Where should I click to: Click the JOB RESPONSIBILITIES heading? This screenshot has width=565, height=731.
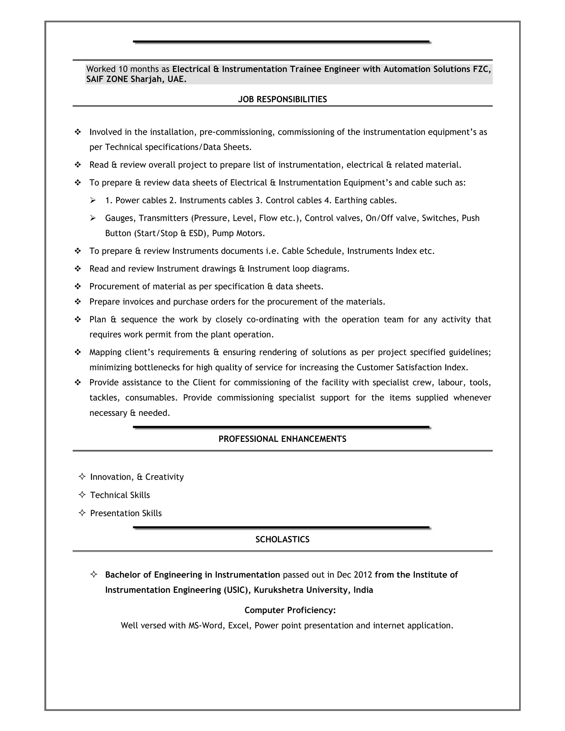[x=282, y=99]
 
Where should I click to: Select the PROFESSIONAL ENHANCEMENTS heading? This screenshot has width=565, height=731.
[x=282, y=439]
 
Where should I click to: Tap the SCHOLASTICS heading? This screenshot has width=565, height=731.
[x=282, y=539]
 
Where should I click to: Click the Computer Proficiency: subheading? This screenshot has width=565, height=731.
[x=290, y=610]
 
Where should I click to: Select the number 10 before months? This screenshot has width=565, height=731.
[x=123, y=69]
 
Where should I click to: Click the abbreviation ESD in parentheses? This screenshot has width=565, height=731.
[x=196, y=233]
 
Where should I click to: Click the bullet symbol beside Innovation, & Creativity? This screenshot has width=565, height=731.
[x=82, y=477]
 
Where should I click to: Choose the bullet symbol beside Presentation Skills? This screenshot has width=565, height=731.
[x=82, y=513]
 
